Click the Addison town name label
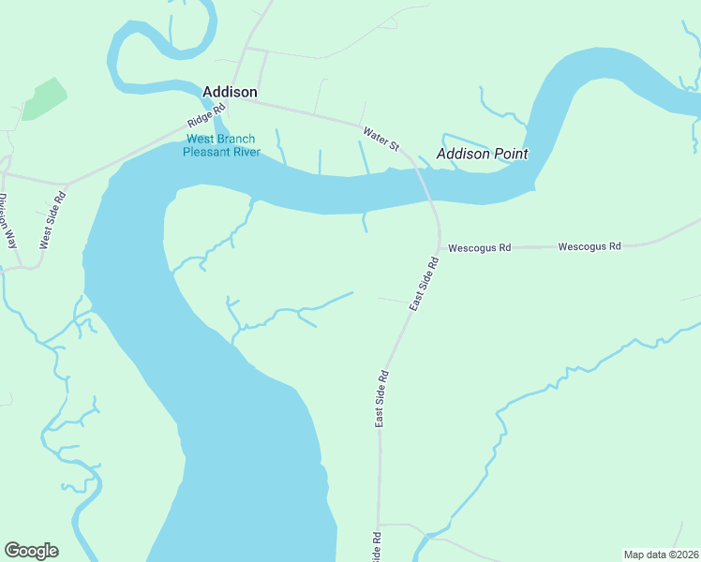point(230,92)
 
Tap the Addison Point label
point(482,154)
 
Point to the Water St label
point(381,140)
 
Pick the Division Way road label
point(7,221)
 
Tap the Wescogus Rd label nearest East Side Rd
point(479,248)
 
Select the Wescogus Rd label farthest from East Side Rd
point(589,246)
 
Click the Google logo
point(31,551)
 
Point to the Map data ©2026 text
point(662,555)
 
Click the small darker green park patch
point(44,98)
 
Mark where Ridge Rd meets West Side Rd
point(66,184)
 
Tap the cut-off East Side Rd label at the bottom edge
point(376,548)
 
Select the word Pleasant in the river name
point(209,152)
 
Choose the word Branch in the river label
point(239,140)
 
